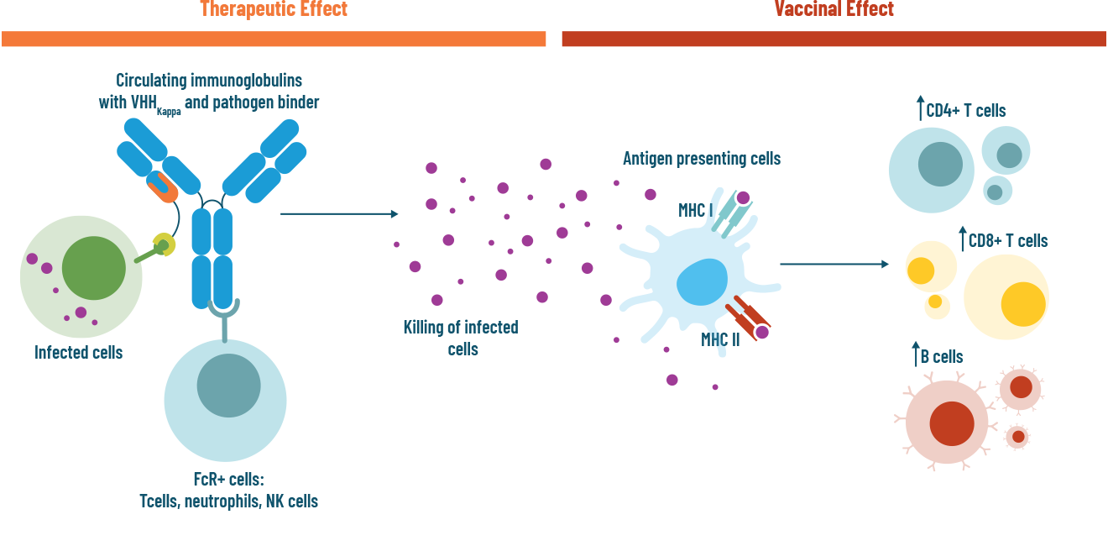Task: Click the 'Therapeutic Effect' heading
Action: pyautogui.click(x=274, y=9)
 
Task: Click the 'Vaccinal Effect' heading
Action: pyautogui.click(x=834, y=9)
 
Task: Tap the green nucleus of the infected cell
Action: pyautogui.click(x=93, y=269)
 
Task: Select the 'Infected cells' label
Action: pyautogui.click(x=78, y=353)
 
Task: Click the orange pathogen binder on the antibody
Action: pyautogui.click(x=163, y=187)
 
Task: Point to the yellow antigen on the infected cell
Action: pyautogui.click(x=165, y=245)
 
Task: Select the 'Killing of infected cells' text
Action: pyautogui.click(x=461, y=338)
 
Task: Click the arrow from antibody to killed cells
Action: pyautogui.click(x=338, y=214)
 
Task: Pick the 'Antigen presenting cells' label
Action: pyautogui.click(x=702, y=159)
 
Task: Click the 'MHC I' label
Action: pyautogui.click(x=696, y=210)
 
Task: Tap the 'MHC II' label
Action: pyautogui.click(x=720, y=340)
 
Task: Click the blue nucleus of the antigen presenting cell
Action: pyautogui.click(x=702, y=282)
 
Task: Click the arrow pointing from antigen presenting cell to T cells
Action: pyautogui.click(x=834, y=265)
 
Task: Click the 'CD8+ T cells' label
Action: pyautogui.click(x=1007, y=241)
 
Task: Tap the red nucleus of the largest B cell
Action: pyautogui.click(x=951, y=423)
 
